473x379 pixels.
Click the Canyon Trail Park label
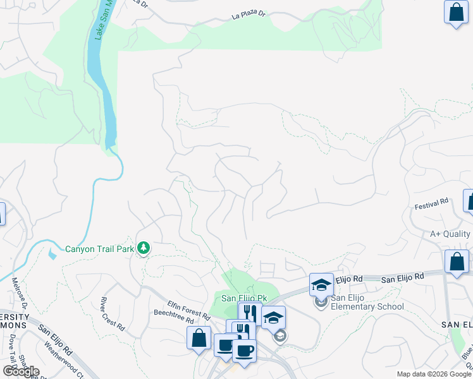(x=100, y=249)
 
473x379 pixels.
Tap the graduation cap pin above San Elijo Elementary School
(x=321, y=285)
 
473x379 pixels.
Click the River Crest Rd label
(x=112, y=313)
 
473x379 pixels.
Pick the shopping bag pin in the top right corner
(x=455, y=12)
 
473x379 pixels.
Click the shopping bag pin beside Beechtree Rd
(x=199, y=338)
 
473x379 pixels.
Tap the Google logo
(x=21, y=371)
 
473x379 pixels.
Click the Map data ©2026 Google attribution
(x=434, y=374)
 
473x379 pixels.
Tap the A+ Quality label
(x=451, y=234)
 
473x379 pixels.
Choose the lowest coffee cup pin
(x=244, y=351)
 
